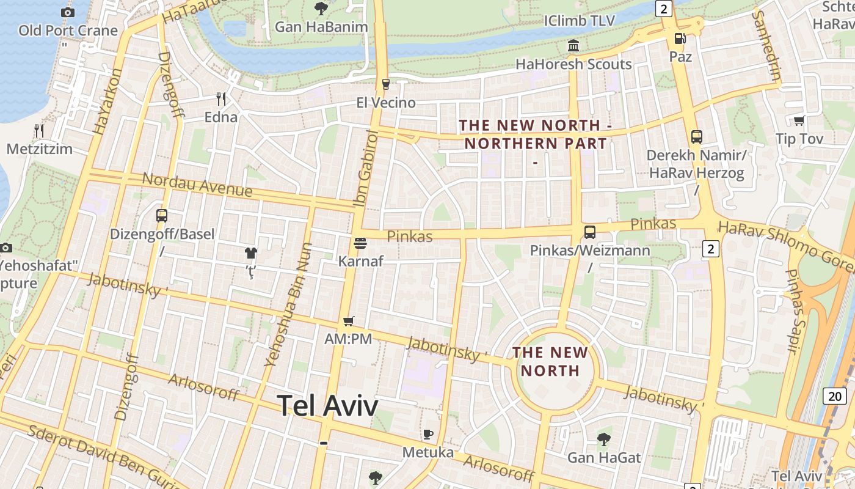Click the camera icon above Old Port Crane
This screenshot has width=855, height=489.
68,12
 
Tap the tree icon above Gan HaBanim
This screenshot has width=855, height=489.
321,9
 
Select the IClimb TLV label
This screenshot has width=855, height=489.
579,21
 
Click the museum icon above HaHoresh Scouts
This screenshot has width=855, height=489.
573,46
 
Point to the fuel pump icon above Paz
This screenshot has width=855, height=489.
680,39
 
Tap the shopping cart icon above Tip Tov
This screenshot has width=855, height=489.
799,120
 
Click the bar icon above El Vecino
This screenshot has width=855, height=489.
385,84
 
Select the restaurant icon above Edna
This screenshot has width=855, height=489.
221,98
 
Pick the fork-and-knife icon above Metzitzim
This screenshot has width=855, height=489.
39,130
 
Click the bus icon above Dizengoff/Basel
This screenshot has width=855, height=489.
162,215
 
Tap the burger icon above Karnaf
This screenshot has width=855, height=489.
360,243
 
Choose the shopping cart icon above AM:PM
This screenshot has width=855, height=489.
348,320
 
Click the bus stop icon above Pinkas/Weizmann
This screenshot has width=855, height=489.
589,232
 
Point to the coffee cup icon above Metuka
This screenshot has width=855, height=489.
428,434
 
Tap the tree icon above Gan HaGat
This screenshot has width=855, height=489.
604,439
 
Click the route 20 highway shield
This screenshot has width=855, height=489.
835,395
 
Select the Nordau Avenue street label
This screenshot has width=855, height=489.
197,185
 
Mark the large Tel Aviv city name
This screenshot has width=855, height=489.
327,405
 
